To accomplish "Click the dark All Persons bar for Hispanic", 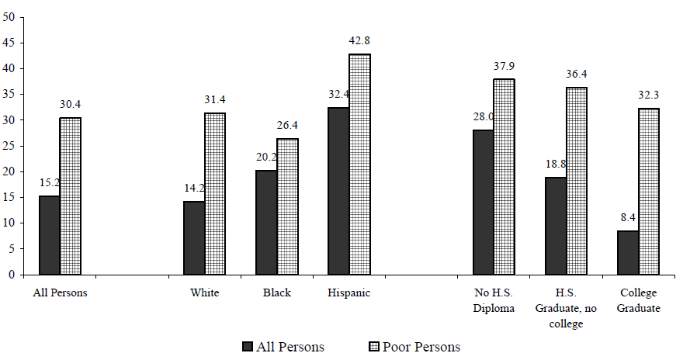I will pyautogui.click(x=338, y=191).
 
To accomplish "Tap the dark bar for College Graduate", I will pyautogui.click(x=628, y=252).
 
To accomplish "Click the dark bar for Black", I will pyautogui.click(x=266, y=222).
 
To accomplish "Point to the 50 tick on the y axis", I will pyautogui.click(x=10, y=17).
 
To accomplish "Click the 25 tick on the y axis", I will pyautogui.click(x=10, y=146).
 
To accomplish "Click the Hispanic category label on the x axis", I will pyautogui.click(x=349, y=293).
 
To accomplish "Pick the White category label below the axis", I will pyautogui.click(x=204, y=293).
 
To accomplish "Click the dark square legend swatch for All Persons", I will pyautogui.click(x=248, y=347).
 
